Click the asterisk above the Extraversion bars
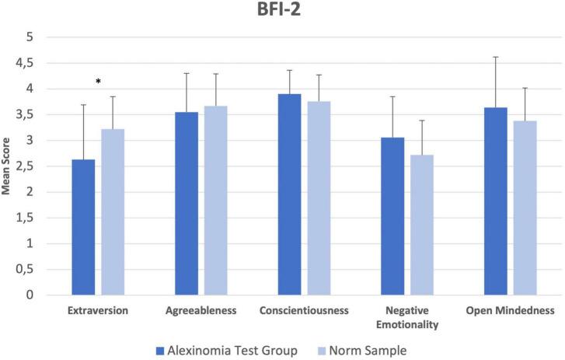click(x=98, y=82)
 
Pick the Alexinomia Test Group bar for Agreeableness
click(x=187, y=204)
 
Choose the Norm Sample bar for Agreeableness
click(x=215, y=201)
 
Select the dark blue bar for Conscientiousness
click(x=290, y=194)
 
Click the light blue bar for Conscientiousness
click(x=319, y=198)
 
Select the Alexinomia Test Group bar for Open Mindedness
click(x=495, y=201)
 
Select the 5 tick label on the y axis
click(x=30, y=37)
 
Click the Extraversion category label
click(x=99, y=310)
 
